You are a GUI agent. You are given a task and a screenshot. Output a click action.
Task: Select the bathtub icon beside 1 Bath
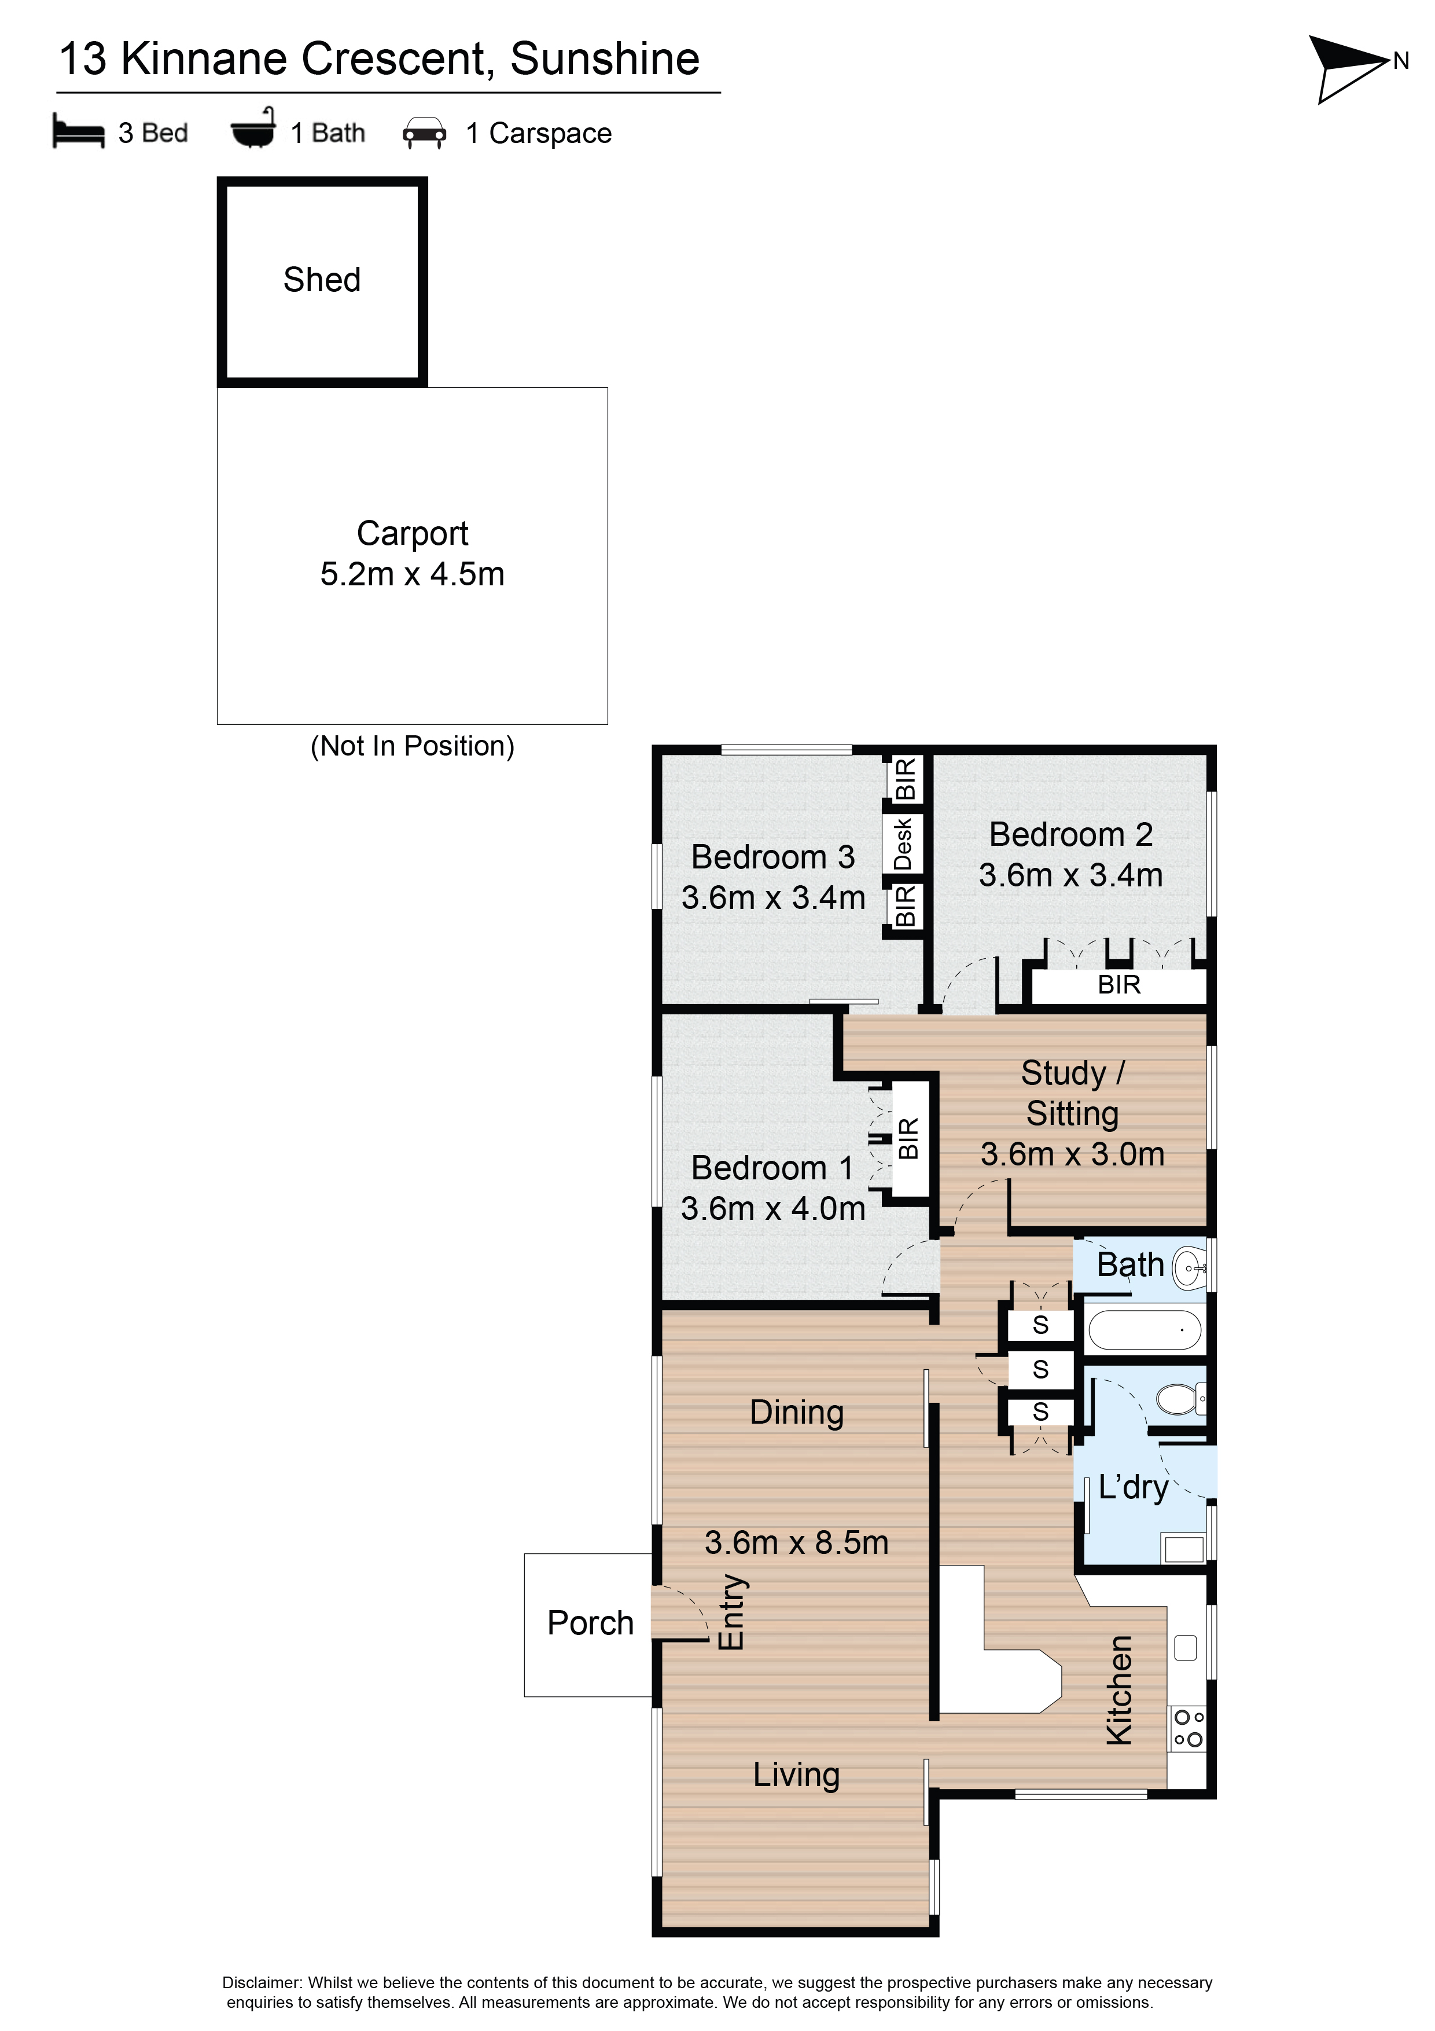click(x=253, y=129)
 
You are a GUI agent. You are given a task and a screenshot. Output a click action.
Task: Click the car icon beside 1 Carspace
click(x=424, y=133)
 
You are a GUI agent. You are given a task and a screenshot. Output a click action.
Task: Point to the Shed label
click(x=322, y=280)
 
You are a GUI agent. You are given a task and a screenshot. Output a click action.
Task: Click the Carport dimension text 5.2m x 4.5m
click(x=412, y=574)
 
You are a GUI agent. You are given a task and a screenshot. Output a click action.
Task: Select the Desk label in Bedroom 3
click(x=903, y=844)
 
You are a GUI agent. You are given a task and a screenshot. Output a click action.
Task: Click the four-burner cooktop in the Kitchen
click(x=1187, y=1728)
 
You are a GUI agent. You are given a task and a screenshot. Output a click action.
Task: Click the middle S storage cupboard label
click(x=1040, y=1369)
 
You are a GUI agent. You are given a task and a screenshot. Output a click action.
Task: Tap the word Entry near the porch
click(x=731, y=1612)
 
